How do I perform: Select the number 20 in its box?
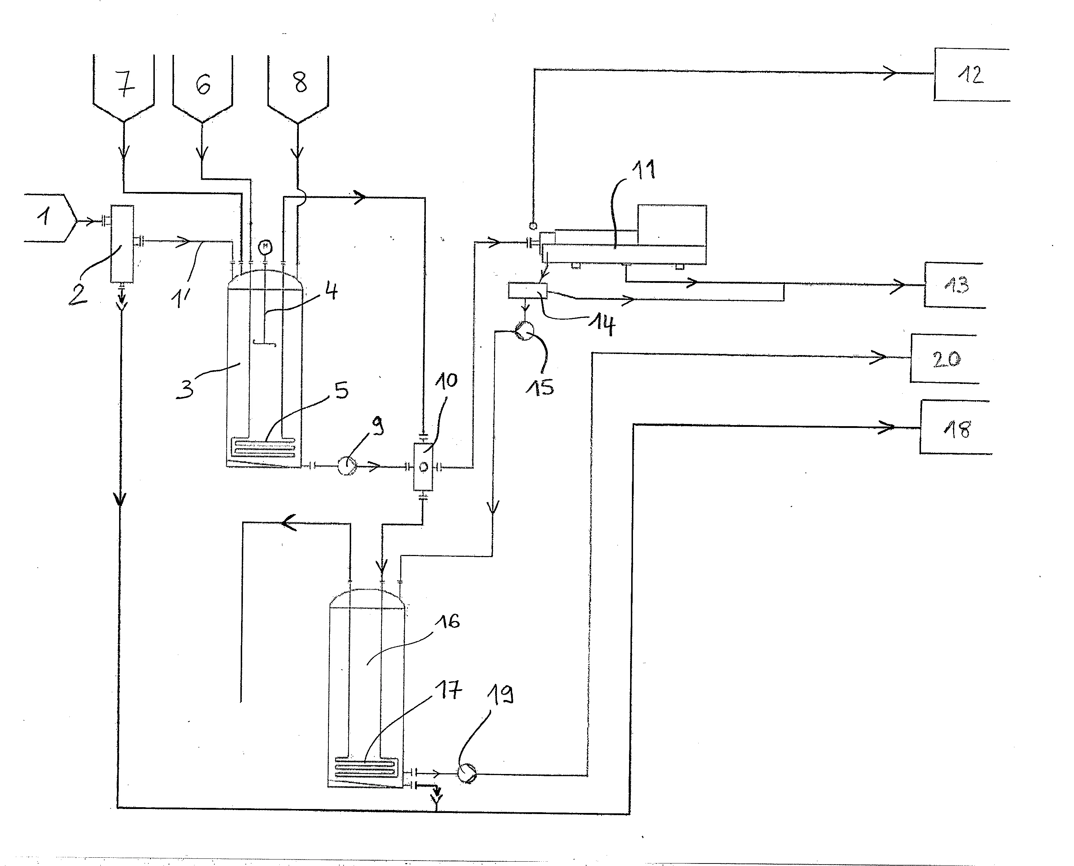pyautogui.click(x=947, y=359)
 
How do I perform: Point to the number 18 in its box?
pyautogui.click(x=957, y=429)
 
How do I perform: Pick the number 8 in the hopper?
pyautogui.click(x=300, y=82)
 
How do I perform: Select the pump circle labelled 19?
pyautogui.click(x=467, y=773)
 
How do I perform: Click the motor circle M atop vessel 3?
pyautogui.click(x=265, y=247)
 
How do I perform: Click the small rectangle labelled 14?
pyautogui.click(x=527, y=290)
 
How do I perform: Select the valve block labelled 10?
pyautogui.click(x=423, y=467)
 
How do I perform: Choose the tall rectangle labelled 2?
pyautogui.click(x=122, y=244)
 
